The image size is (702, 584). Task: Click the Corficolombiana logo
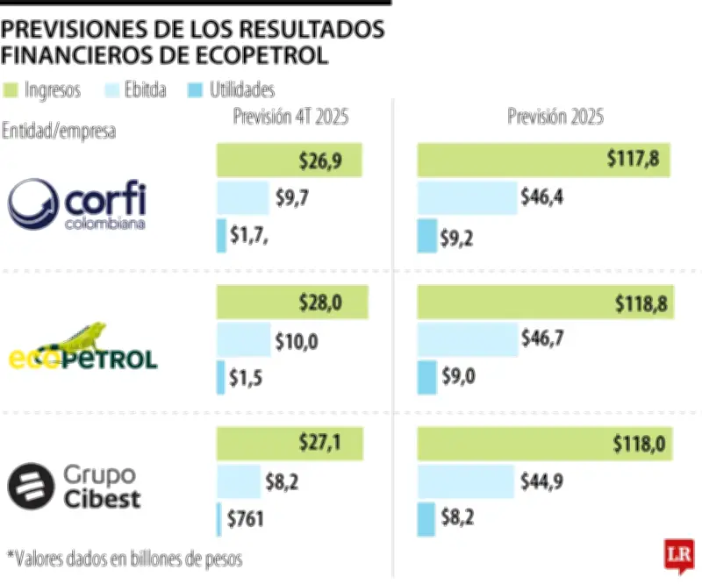[x=77, y=203]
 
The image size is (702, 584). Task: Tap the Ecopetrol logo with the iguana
[x=83, y=347]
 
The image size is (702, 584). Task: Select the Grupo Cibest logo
[x=74, y=488]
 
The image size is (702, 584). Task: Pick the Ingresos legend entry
[x=43, y=89]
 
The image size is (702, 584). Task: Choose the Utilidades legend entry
[x=232, y=89]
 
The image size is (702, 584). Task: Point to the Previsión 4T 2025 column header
[x=290, y=118]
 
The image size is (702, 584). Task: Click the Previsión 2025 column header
[x=555, y=118]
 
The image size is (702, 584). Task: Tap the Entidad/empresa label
[x=59, y=132]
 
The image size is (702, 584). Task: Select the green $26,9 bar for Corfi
[x=290, y=160]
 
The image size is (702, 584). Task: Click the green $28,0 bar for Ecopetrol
[x=291, y=303]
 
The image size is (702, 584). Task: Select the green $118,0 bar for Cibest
[x=543, y=445]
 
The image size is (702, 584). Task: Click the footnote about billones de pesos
[x=125, y=558]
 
